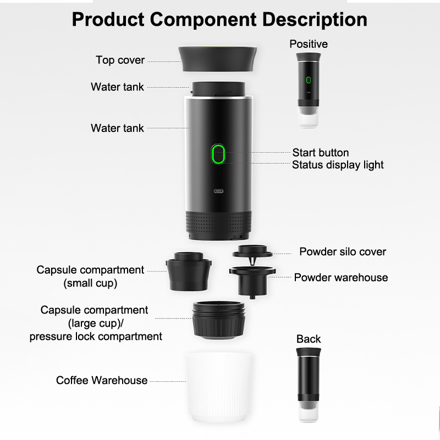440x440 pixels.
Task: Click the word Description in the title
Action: (x=315, y=20)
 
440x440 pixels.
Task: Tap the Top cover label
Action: (x=120, y=60)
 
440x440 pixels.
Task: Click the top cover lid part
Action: (x=217, y=59)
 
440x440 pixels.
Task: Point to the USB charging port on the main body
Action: (x=218, y=191)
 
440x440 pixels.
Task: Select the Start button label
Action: (x=321, y=153)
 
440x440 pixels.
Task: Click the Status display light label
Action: (x=338, y=165)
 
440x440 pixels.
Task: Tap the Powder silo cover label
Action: (x=343, y=252)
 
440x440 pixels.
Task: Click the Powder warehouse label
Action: (x=341, y=278)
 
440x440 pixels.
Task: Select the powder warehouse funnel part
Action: (x=252, y=282)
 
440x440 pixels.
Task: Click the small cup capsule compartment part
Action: (x=189, y=271)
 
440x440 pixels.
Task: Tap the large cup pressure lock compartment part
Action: (x=218, y=320)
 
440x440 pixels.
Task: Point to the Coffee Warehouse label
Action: (x=102, y=380)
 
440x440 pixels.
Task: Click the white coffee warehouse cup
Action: (x=218, y=387)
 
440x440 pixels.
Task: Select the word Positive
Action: (x=309, y=44)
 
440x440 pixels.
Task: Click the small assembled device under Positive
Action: (x=309, y=90)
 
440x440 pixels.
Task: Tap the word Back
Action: (x=309, y=339)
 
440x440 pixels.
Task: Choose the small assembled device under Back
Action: (x=309, y=384)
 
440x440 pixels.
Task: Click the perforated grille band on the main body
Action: (x=218, y=222)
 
